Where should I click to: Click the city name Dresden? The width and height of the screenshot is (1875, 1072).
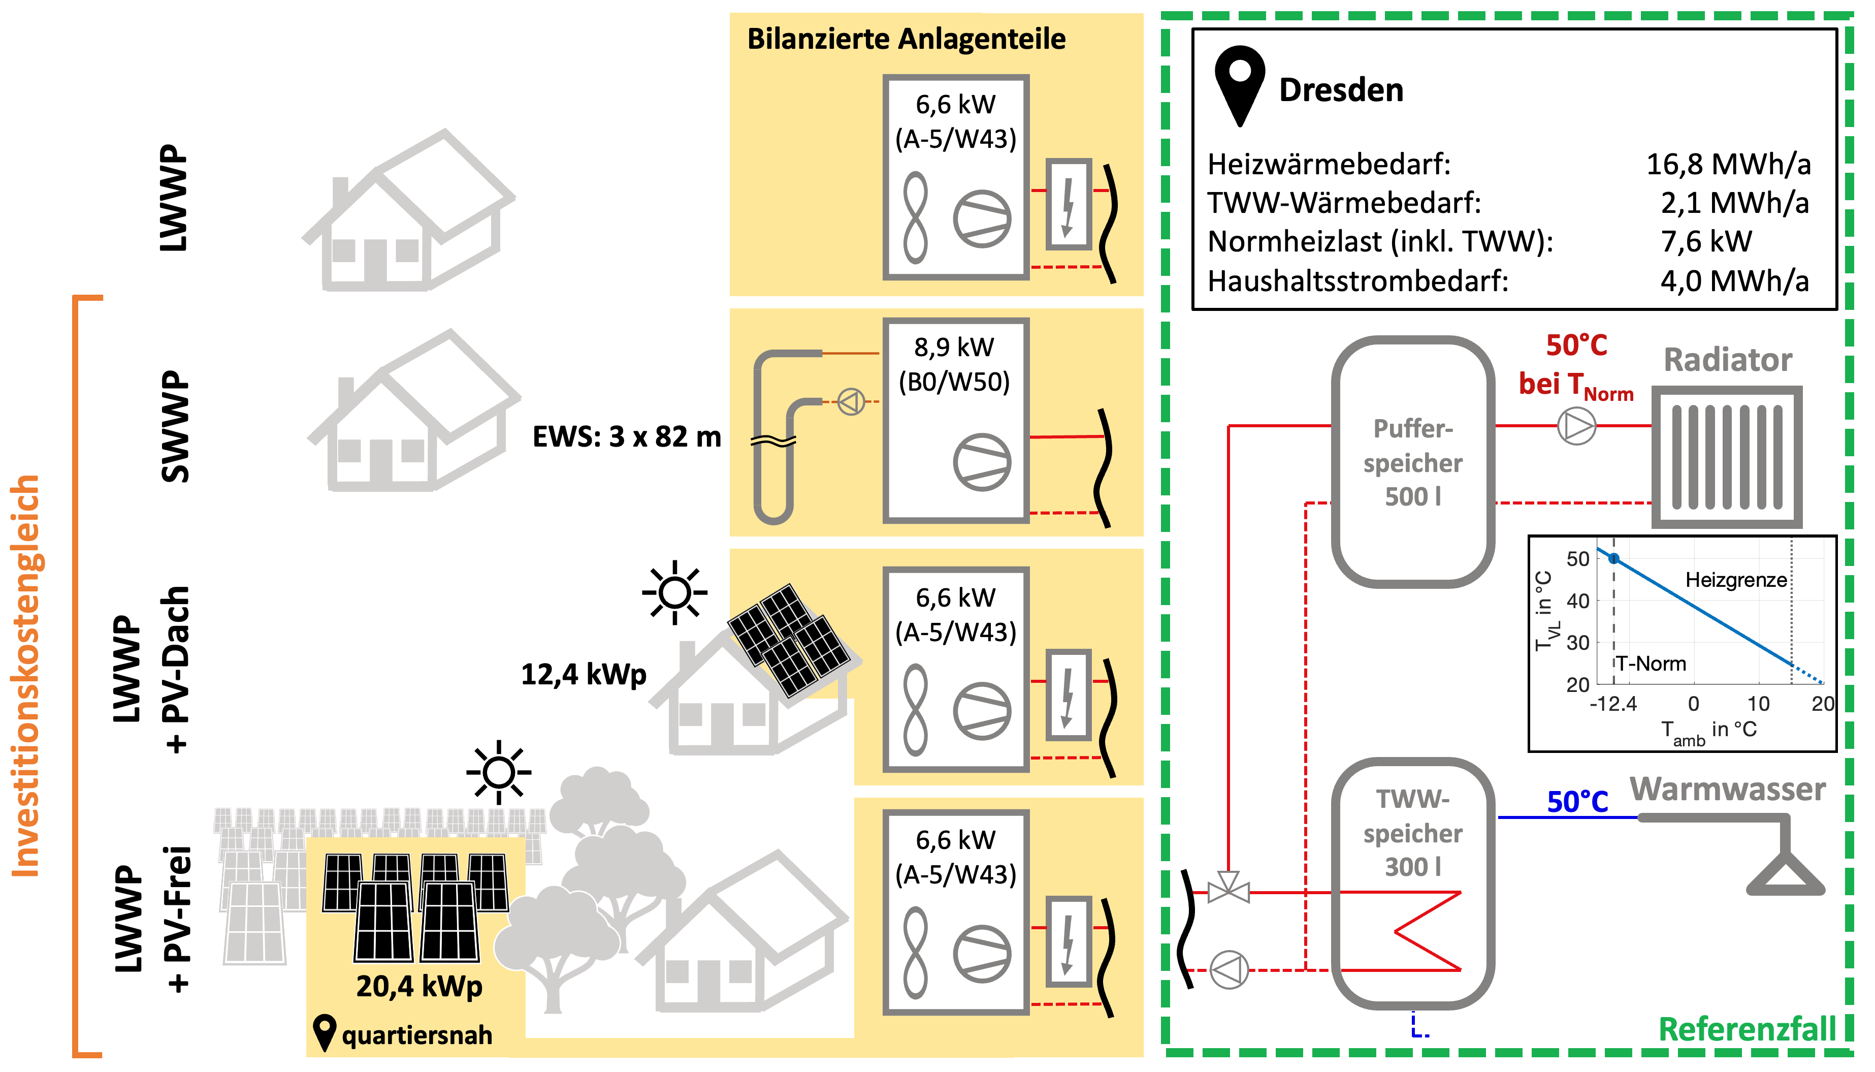click(1341, 90)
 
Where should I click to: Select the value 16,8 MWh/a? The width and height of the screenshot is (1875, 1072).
click(1728, 164)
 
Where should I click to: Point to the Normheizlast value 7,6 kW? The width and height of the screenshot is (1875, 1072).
click(1706, 241)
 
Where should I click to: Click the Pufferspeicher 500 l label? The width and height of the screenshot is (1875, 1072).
click(1413, 462)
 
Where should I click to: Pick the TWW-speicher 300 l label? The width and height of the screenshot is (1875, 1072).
click(1413, 833)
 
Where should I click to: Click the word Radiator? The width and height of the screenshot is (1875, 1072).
click(1727, 360)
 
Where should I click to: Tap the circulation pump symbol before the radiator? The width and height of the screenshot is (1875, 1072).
click(1576, 426)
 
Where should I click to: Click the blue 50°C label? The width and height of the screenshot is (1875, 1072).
click(1577, 802)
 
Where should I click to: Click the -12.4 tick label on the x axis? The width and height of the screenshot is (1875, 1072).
click(1613, 704)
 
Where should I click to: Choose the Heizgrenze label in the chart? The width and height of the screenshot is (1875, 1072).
click(1736, 580)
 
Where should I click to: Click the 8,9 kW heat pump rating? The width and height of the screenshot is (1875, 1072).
click(954, 348)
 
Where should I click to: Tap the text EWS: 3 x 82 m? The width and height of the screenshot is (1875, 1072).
click(626, 437)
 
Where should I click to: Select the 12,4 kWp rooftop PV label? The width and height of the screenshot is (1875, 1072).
click(584, 674)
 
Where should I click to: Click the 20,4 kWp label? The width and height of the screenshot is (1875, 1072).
click(419, 986)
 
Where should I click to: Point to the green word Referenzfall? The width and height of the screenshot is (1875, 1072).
click(1747, 1029)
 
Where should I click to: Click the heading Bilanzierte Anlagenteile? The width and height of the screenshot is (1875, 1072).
click(906, 39)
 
